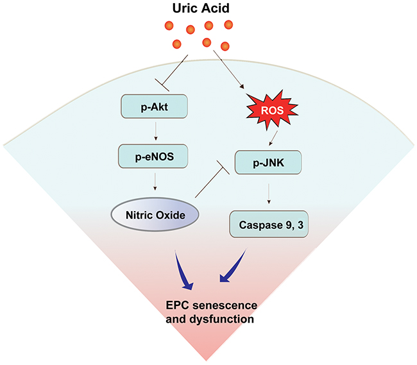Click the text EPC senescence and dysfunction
[x=208, y=310]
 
